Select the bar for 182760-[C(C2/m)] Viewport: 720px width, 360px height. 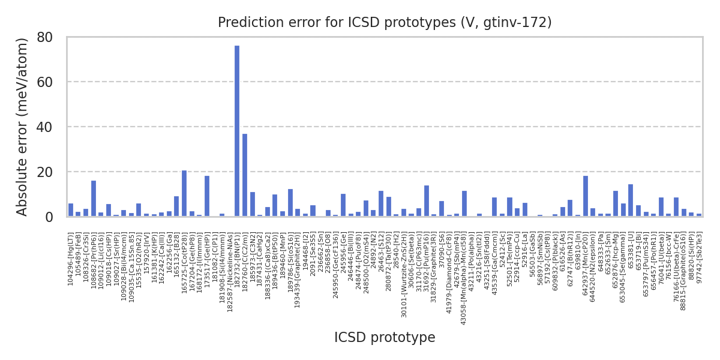[245, 175]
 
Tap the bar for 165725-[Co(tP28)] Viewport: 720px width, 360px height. [184, 193]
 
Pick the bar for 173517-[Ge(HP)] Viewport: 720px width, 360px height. [207, 196]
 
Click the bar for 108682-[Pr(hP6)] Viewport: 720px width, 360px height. [94, 198]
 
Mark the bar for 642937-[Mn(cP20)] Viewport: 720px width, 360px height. [585, 196]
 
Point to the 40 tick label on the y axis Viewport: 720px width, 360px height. [45, 127]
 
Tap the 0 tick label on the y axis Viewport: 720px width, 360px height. [49, 217]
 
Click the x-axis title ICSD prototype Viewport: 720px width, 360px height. [385, 338]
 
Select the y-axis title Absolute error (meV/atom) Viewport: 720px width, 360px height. [23, 127]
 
